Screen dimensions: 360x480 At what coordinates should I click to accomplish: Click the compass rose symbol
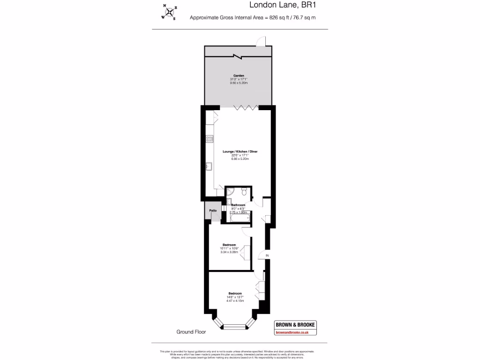[x=169, y=12]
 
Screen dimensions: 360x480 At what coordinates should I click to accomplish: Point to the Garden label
[x=239, y=75]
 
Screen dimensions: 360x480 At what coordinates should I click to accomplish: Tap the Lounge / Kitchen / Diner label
[x=240, y=151]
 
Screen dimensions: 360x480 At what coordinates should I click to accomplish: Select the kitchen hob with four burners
[x=210, y=139]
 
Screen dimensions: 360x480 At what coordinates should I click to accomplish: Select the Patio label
[x=213, y=210]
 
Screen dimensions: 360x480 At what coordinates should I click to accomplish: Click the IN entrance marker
[x=267, y=255]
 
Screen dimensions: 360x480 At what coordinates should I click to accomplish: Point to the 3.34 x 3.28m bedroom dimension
[x=229, y=252]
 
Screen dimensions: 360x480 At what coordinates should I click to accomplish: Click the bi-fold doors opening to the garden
[x=247, y=108]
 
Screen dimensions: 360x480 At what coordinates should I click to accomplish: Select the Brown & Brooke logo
[x=294, y=325]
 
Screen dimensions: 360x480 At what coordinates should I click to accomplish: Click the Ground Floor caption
[x=191, y=332]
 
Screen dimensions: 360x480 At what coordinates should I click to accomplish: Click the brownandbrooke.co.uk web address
[x=294, y=332]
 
